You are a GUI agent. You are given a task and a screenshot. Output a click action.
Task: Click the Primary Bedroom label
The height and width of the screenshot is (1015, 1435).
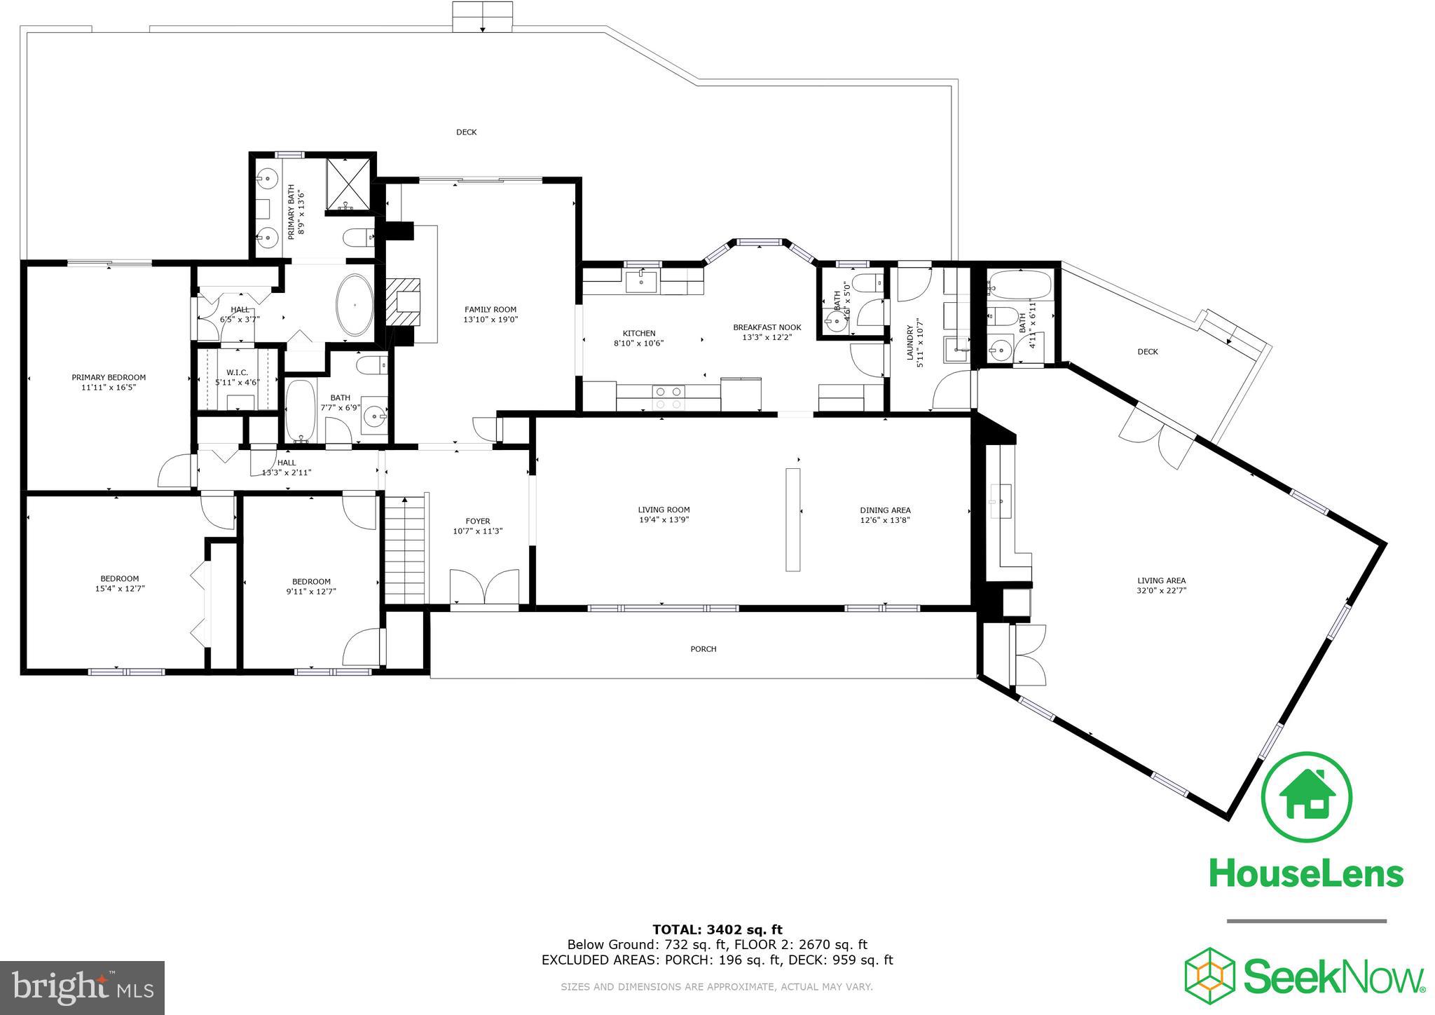pyautogui.click(x=109, y=378)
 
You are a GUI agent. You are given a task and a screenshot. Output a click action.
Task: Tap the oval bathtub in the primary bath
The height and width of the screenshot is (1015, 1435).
pyautogui.click(x=355, y=306)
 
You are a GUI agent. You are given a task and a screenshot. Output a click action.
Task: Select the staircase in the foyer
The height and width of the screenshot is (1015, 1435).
pyautogui.click(x=405, y=550)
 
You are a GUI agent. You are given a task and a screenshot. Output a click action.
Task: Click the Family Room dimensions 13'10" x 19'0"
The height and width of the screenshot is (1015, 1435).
pyautogui.click(x=490, y=320)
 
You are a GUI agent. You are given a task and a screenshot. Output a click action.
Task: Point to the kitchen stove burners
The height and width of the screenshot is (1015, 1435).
pyautogui.click(x=668, y=397)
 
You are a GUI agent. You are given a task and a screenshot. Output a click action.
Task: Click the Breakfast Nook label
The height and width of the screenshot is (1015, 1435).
pyautogui.click(x=767, y=327)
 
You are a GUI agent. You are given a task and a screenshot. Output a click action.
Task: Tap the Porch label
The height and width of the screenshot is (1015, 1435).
pyautogui.click(x=703, y=649)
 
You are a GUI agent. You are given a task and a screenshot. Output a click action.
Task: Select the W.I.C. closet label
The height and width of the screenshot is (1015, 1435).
pyautogui.click(x=237, y=372)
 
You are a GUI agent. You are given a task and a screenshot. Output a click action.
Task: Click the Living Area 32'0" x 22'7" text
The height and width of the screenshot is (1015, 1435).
pyautogui.click(x=1161, y=590)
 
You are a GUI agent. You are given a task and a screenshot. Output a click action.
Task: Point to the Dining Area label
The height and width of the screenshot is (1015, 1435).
pyautogui.click(x=885, y=510)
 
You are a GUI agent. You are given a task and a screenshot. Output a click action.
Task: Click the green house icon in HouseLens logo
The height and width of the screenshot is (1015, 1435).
pyautogui.click(x=1306, y=798)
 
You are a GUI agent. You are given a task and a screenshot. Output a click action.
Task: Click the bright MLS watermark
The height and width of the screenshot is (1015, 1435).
pyautogui.click(x=83, y=988)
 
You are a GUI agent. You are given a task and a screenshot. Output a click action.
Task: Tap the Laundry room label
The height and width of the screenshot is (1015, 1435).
pyautogui.click(x=910, y=343)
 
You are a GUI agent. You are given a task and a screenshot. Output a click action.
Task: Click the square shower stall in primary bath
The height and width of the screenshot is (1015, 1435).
pyautogui.click(x=348, y=184)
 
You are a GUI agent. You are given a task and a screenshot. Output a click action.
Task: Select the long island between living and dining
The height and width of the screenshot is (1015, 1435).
pyautogui.click(x=792, y=519)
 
